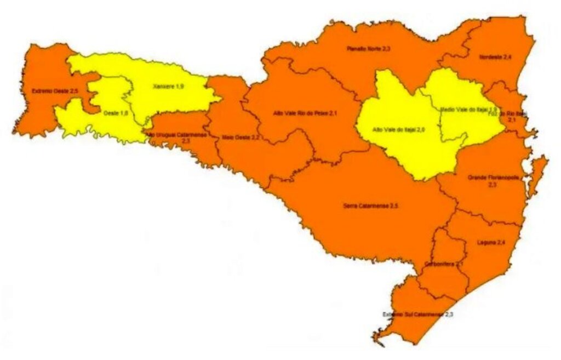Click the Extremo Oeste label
[x=50, y=92]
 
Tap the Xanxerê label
[x=168, y=87]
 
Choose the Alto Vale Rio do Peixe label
[x=300, y=113]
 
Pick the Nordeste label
[x=495, y=57]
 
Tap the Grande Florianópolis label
[x=492, y=181]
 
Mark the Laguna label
[x=491, y=242]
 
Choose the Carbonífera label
[x=444, y=264]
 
